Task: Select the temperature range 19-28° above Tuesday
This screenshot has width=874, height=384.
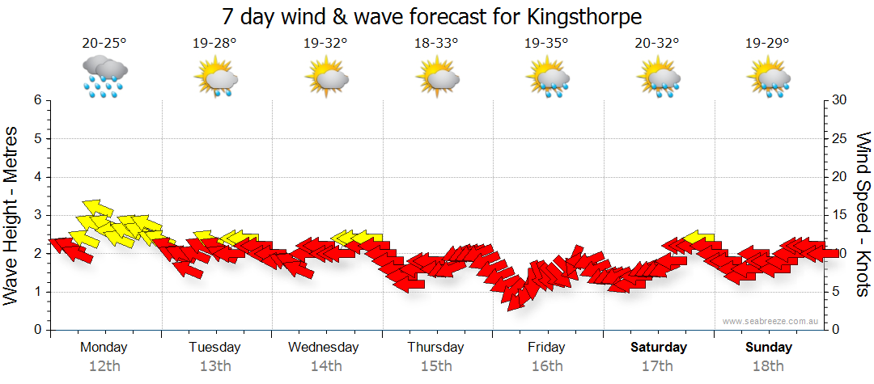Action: (x=215, y=44)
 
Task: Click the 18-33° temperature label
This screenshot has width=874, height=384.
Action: (x=436, y=44)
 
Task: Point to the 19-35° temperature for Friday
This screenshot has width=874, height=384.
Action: (x=546, y=44)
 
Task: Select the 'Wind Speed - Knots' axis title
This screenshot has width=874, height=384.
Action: (x=862, y=214)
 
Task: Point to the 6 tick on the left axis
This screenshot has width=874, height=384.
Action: (x=37, y=100)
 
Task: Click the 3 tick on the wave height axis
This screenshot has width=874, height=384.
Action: (x=37, y=215)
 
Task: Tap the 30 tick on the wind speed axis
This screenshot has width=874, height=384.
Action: (x=839, y=100)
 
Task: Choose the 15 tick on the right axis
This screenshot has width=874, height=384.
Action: (x=839, y=215)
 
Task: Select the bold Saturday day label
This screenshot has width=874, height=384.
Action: (x=658, y=348)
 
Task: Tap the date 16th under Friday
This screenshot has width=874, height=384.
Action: (x=547, y=366)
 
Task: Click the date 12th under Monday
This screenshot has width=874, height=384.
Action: (x=105, y=366)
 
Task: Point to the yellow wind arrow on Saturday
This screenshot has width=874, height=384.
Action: (x=697, y=238)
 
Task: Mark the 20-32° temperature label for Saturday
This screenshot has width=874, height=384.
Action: (x=657, y=44)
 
